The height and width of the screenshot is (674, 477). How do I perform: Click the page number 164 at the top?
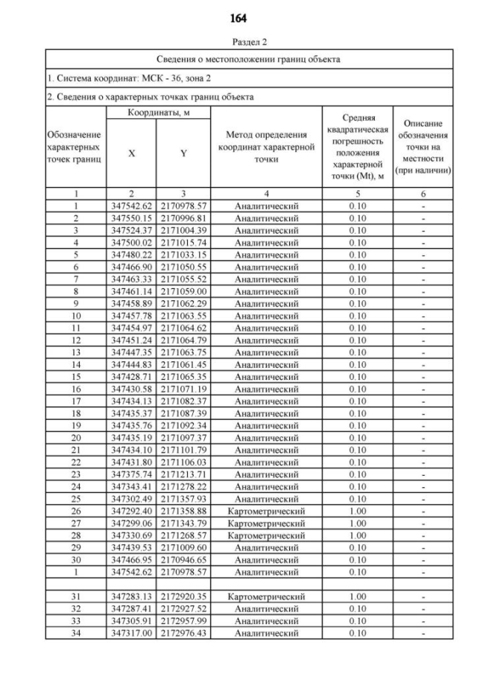coord(238,17)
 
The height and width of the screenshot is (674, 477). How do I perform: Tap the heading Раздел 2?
coord(238,43)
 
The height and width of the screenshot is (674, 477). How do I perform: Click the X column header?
coord(132,153)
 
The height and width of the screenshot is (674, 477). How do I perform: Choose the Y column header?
coord(183,153)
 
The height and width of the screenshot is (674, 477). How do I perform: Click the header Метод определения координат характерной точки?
coord(266,147)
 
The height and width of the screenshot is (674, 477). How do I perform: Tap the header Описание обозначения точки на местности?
coord(423,147)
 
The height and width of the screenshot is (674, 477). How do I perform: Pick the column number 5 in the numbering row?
coord(358,194)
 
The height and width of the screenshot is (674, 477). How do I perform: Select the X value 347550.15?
coord(132,218)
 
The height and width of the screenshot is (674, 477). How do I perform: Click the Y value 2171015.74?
coord(183,242)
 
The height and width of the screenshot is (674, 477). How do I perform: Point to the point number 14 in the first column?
coord(76,364)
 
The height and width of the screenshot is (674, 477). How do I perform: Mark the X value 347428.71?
coord(132,377)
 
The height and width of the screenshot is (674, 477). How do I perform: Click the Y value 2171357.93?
coord(183,498)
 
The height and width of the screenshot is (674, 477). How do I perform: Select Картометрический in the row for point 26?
coord(266,511)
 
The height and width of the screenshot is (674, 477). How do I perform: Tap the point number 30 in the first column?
coord(76,559)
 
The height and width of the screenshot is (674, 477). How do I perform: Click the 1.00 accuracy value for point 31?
coord(358,597)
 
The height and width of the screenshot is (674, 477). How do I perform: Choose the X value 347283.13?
coord(132,597)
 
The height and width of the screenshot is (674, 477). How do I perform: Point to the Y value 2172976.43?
coord(183,633)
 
